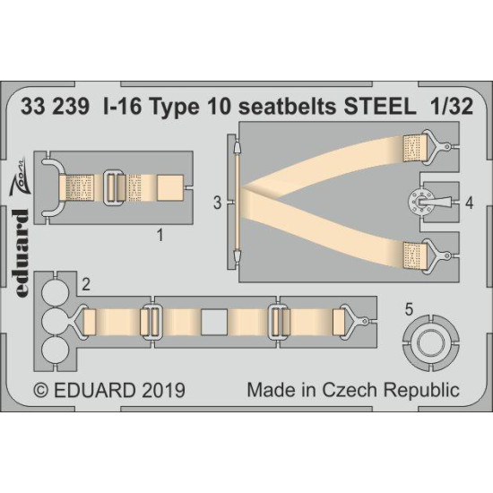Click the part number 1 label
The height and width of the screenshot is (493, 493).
pyautogui.click(x=160, y=237)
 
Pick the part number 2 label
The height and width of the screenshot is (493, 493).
pyautogui.click(x=85, y=285)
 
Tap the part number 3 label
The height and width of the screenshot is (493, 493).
pyautogui.click(x=218, y=203)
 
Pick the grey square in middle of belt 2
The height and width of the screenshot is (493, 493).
pyautogui.click(x=212, y=320)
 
